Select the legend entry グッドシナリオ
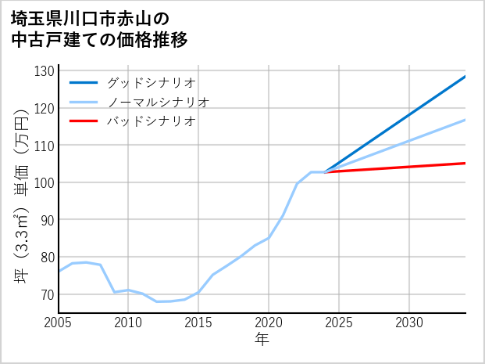152,82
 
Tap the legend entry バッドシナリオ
152,121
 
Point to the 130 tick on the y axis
45,71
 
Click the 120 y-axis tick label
45,108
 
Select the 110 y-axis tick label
45,146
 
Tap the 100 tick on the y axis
45,182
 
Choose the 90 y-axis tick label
47,220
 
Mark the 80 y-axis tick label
47,257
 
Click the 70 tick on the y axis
47,294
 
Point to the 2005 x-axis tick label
58,323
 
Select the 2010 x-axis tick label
128,323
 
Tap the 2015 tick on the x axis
198,323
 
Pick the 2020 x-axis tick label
269,323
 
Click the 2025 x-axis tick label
339,323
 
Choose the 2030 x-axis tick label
409,323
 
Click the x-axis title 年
262,340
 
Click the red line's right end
465,163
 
